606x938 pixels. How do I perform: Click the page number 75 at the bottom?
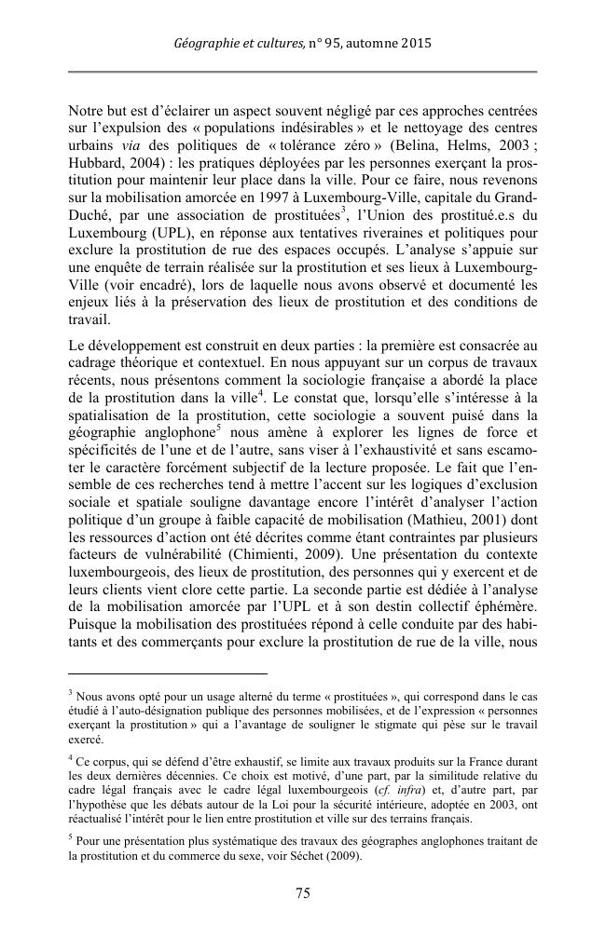(x=302, y=892)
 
